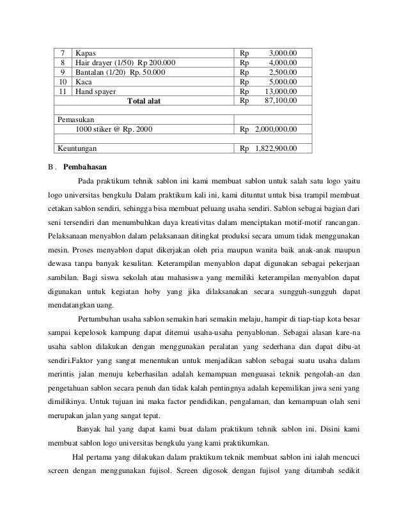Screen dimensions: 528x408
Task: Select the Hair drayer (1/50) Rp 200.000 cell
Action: (126, 63)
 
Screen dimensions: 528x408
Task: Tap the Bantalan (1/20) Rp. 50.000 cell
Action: (120, 72)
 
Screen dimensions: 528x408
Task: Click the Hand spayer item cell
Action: (97, 91)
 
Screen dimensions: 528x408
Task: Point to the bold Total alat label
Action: (145, 101)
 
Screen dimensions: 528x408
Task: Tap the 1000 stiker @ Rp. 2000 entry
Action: (114, 129)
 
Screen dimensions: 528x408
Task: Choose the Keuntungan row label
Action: (78, 148)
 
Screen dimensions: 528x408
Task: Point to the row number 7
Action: (63, 53)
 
